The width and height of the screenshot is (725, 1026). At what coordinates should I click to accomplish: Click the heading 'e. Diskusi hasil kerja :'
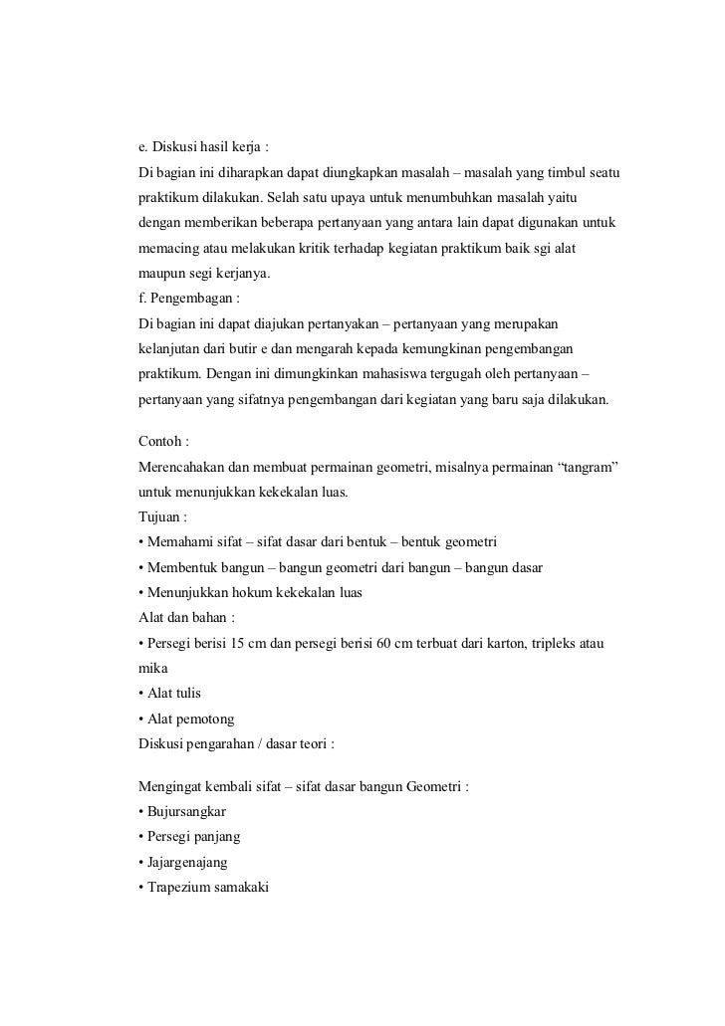[x=203, y=148]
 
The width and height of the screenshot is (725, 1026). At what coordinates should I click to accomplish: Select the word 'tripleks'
[x=556, y=642]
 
